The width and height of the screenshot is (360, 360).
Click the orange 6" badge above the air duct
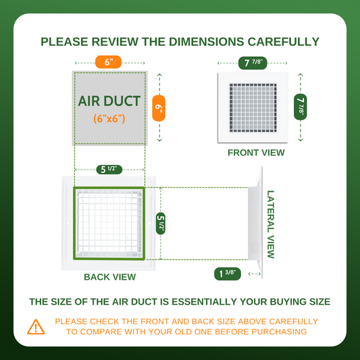coord(108,62)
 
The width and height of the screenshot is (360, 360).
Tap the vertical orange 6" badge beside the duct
coord(159,108)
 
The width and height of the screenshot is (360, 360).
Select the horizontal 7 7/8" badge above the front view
coord(253,63)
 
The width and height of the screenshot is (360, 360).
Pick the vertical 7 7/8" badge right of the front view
coord(301,107)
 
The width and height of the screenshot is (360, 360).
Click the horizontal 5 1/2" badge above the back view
coord(109,170)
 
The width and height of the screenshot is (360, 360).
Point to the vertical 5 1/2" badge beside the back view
coord(161,224)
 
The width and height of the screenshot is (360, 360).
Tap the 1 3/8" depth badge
coord(228,274)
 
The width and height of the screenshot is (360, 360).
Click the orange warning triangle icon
coord(36,327)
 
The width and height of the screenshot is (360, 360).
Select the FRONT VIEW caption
coord(256,153)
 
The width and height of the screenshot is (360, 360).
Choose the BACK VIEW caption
coord(109,277)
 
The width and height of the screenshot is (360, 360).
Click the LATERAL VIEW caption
coord(271,224)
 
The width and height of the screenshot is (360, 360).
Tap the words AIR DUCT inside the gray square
coord(109,101)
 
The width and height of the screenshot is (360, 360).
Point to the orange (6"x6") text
coord(109,119)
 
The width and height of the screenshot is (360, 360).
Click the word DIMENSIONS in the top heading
coord(206,42)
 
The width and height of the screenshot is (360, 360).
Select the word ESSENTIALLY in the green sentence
coord(204,302)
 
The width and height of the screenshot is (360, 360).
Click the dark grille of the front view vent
coord(253,108)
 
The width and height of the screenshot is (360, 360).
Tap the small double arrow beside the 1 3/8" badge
coord(255,274)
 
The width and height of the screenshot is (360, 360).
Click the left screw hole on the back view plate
coord(68,223)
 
